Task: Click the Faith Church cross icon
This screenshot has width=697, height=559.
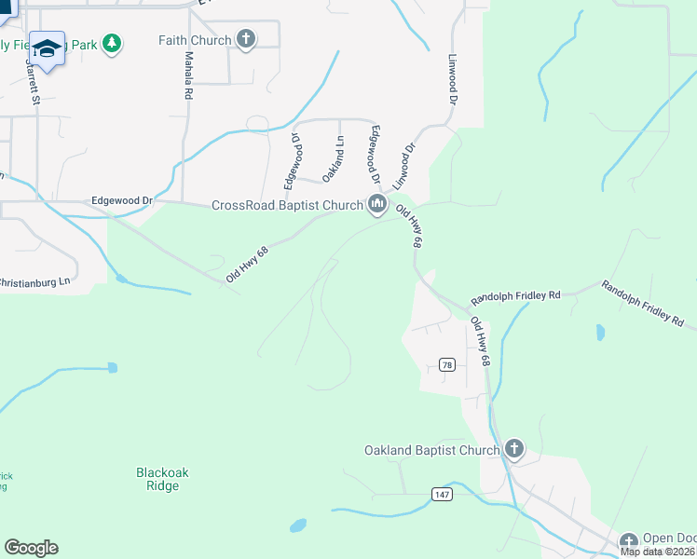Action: (246, 39)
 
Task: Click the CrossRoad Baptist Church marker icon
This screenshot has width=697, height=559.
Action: (377, 205)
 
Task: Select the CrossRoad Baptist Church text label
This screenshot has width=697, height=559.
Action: (287, 206)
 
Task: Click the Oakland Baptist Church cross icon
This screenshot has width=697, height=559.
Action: (513, 450)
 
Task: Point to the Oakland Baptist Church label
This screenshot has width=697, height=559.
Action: (431, 451)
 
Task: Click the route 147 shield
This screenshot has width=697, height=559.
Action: (442, 494)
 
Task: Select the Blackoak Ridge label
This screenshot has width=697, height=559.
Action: (162, 479)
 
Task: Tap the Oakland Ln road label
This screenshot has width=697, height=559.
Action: (333, 159)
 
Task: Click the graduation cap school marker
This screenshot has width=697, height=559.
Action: (46, 48)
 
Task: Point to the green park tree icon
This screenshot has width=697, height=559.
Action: (112, 43)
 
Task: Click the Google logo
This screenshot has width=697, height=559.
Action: (31, 548)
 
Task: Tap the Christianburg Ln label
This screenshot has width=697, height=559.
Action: (34, 281)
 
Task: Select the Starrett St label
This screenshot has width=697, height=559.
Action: (35, 84)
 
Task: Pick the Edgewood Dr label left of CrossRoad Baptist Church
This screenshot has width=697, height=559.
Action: (121, 200)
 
